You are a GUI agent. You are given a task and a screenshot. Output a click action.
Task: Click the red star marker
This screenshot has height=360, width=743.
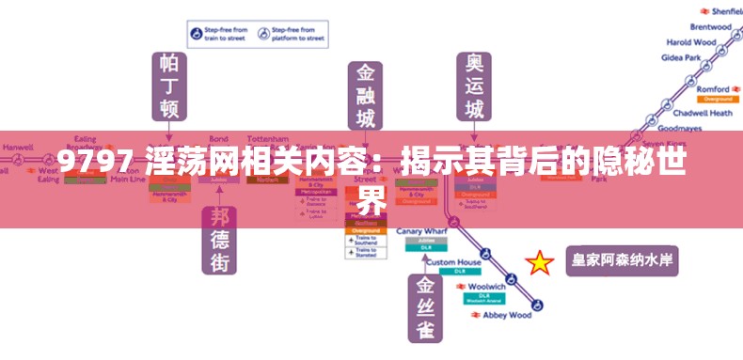(540, 262)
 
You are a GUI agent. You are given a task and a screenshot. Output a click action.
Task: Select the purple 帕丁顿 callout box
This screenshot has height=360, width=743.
(169, 86)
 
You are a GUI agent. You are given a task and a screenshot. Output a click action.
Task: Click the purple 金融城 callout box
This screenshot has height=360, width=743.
(365, 97)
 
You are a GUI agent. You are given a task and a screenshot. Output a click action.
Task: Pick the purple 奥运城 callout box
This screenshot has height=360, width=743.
(475, 86)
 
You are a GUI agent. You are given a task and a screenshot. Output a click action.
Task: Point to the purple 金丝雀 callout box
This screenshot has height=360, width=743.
(425, 307)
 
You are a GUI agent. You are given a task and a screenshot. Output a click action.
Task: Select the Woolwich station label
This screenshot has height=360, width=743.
(486, 286)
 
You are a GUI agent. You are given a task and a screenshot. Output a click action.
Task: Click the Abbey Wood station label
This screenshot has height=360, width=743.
(507, 315)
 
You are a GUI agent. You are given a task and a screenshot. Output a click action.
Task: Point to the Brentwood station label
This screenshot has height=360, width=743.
(710, 27)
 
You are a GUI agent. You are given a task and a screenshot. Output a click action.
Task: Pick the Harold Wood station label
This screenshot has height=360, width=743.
(691, 42)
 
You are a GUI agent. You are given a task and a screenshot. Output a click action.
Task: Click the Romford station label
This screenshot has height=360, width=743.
(713, 89)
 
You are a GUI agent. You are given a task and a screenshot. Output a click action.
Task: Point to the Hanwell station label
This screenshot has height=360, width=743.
(18, 148)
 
